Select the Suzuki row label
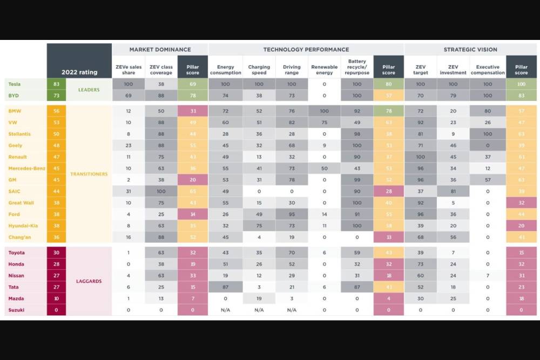point(16,310)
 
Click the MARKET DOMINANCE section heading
point(160,50)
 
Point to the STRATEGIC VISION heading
point(470,50)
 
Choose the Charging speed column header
point(259,70)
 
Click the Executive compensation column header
point(487,70)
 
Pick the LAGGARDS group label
point(89,281)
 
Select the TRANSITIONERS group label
point(89,174)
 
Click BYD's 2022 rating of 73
point(56,96)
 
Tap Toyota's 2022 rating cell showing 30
point(56,253)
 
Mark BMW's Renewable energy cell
point(325,111)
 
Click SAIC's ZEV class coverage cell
point(161,191)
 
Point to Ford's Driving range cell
point(292,214)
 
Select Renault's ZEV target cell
point(420,157)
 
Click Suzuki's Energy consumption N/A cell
point(225,310)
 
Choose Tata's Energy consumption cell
point(225,287)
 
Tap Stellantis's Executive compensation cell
point(487,134)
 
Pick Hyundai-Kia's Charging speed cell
point(259,226)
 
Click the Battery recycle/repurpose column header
point(357,67)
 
